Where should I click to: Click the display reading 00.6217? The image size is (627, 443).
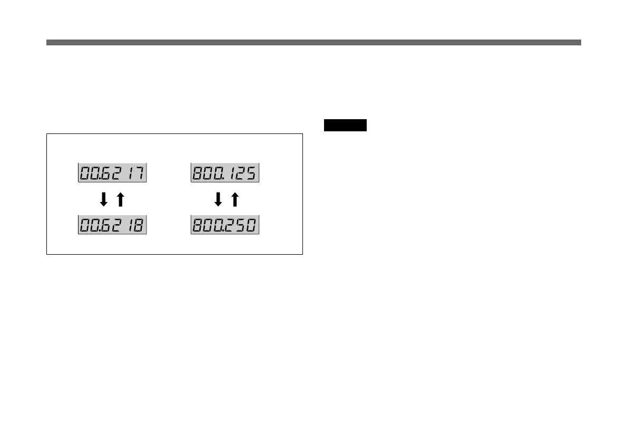pyautogui.click(x=112, y=173)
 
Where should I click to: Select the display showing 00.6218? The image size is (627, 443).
pyautogui.click(x=112, y=226)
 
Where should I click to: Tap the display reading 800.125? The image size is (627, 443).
pyautogui.click(x=225, y=173)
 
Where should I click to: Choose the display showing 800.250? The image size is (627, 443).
pyautogui.click(x=225, y=226)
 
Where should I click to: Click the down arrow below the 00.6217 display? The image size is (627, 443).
pyautogui.click(x=104, y=199)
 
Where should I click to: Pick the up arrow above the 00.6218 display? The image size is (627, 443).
pyautogui.click(x=120, y=199)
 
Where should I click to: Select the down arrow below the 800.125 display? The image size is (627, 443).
pyautogui.click(x=218, y=199)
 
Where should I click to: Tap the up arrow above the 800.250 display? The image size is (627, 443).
pyautogui.click(x=234, y=199)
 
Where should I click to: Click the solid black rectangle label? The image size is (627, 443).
pyautogui.click(x=345, y=126)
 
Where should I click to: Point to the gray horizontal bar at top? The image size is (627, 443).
pyautogui.click(x=313, y=42)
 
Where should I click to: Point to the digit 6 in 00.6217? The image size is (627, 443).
pyautogui.click(x=108, y=173)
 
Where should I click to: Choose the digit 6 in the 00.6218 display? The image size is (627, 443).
pyautogui.click(x=108, y=226)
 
